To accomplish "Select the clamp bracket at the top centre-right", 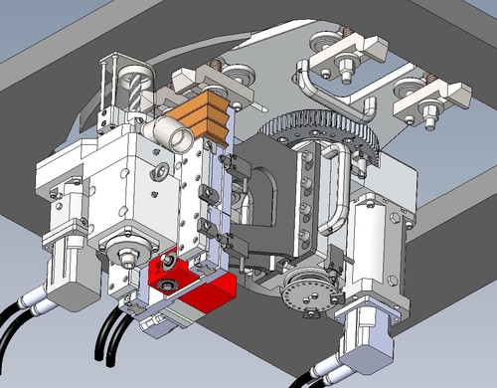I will [x=347, y=51].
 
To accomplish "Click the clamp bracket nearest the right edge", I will [x=427, y=100].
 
